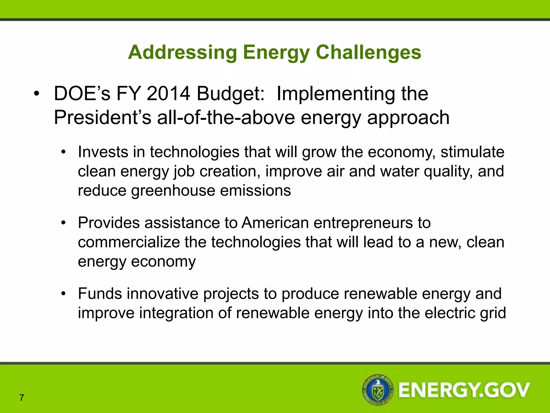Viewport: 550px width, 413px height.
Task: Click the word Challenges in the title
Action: [368, 52]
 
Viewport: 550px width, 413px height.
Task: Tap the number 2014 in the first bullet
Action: [168, 94]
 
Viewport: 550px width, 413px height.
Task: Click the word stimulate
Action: [472, 152]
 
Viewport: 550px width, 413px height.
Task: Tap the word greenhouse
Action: [173, 191]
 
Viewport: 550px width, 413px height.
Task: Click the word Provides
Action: [109, 223]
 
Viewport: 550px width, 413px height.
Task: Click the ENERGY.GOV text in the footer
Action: [464, 390]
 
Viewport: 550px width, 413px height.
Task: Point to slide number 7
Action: [22, 397]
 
